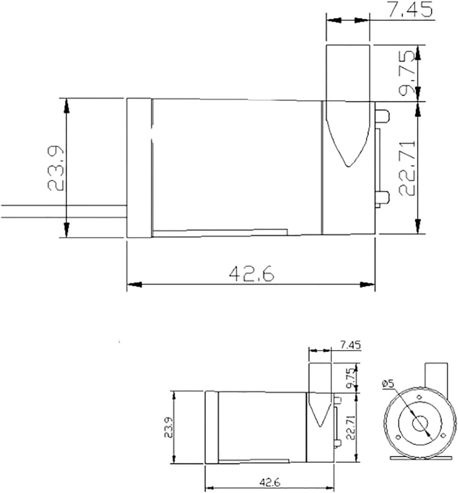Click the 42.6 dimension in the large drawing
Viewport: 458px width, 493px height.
252,274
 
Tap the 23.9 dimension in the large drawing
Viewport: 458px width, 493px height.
56,168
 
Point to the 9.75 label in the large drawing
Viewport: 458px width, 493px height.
406,74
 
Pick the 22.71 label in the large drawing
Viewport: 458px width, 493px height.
407,168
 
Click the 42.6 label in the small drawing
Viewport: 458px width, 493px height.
270,482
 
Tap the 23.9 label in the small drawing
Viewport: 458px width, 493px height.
168,427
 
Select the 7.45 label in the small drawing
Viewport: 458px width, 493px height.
350,345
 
